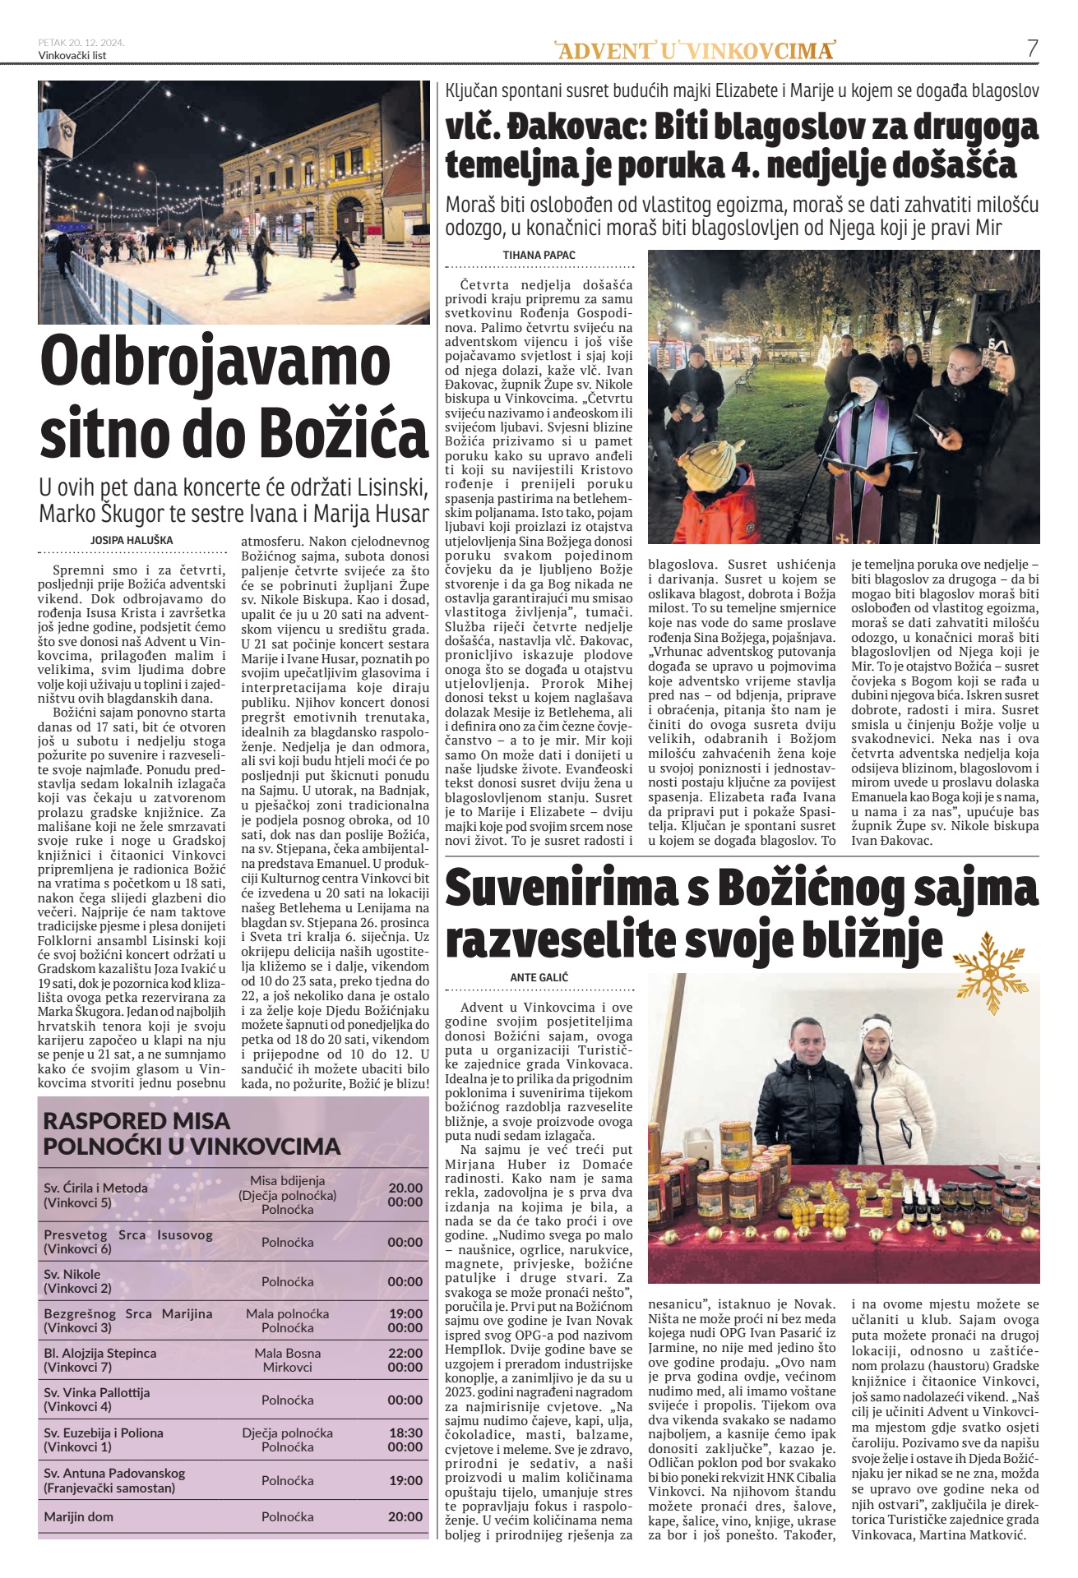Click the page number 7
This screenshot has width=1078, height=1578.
point(1033,48)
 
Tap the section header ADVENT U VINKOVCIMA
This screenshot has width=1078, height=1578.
point(695,51)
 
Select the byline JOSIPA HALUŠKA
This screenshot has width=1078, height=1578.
point(132,540)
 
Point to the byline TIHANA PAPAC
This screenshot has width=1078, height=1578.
point(539,256)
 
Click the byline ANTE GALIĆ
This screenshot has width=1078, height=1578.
point(539,977)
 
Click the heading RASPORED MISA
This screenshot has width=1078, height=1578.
point(136,1120)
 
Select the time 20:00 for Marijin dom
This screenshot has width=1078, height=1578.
point(405,1516)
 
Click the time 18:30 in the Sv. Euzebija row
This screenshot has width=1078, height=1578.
point(405,1433)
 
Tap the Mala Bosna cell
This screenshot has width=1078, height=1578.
point(287,1353)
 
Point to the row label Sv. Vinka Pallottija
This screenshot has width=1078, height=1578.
point(97,1392)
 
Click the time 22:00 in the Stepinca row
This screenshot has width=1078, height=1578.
point(405,1353)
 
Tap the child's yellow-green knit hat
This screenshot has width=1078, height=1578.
point(706,467)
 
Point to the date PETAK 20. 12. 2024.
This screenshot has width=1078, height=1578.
point(81,42)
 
